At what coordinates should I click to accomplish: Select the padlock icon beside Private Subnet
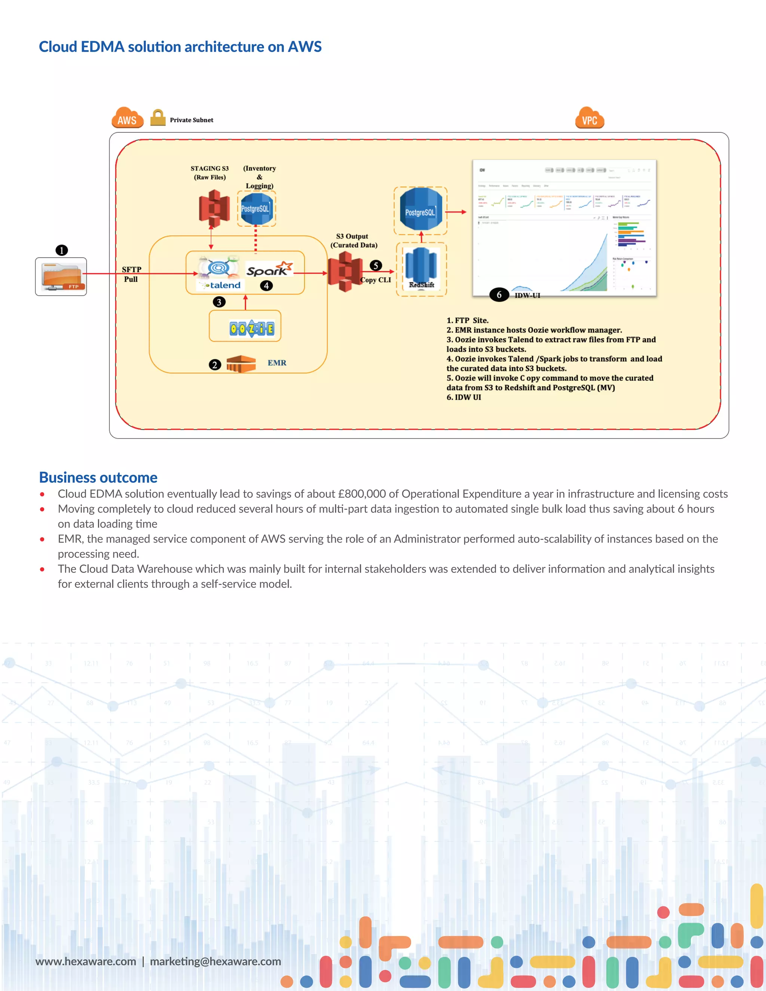(157, 117)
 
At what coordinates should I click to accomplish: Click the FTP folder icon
(61, 276)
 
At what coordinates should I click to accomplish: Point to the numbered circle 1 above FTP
(62, 250)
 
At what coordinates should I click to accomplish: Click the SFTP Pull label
(131, 274)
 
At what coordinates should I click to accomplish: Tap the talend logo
(221, 285)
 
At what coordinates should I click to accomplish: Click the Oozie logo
(252, 328)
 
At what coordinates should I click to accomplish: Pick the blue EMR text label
(277, 362)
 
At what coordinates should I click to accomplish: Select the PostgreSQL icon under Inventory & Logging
(256, 208)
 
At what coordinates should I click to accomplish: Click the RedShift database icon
(421, 268)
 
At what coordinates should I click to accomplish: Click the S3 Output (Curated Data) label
(353, 240)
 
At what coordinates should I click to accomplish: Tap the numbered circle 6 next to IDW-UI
(499, 294)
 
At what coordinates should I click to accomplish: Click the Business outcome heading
(98, 477)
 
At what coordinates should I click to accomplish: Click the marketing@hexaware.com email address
(215, 961)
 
